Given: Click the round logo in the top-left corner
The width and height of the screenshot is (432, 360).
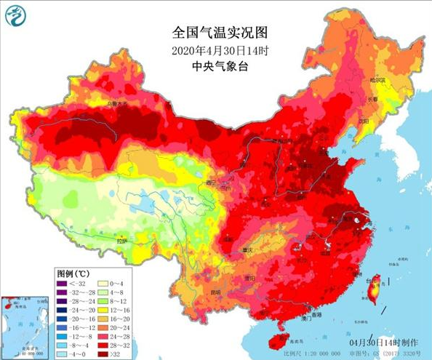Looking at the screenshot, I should [x=15, y=15].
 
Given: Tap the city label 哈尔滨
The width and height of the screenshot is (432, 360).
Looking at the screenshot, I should [x=377, y=79].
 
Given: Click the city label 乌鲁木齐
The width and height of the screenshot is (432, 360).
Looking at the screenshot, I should [x=116, y=105].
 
